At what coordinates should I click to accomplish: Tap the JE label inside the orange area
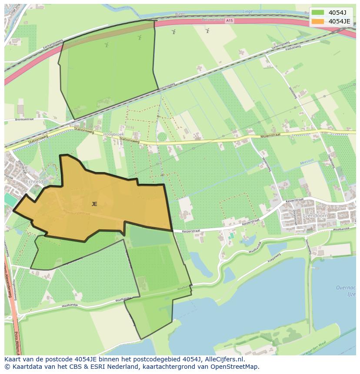click(x=94, y=204)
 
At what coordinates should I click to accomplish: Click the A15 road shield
click(x=229, y=20)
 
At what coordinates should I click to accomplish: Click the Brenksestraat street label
click(x=24, y=119)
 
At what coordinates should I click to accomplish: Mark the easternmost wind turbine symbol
click(x=207, y=30)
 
